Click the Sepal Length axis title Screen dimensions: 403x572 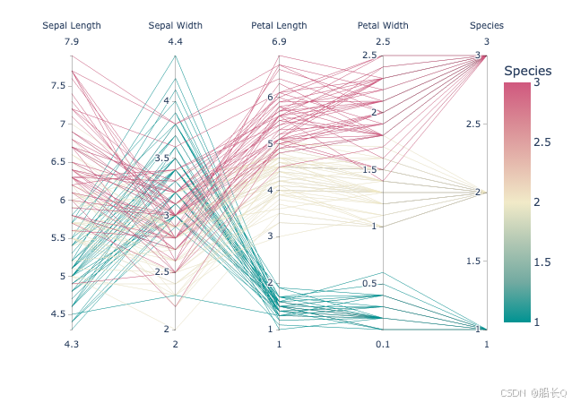tap(71, 26)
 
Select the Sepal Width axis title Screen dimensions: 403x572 tap(175, 26)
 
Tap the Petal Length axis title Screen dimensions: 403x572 tap(279, 26)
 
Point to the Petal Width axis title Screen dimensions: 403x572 tap(383, 26)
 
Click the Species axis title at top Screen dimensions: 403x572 tap(487, 26)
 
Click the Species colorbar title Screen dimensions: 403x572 tap(527, 71)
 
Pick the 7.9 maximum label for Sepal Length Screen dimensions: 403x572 tap(71, 42)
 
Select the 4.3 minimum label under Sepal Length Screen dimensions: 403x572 tap(71, 345)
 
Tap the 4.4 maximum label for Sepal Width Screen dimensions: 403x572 tap(175, 42)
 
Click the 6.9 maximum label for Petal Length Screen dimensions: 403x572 tap(279, 42)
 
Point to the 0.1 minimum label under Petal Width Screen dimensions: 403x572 tap(383, 345)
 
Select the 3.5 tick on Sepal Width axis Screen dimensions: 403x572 tap(161, 159)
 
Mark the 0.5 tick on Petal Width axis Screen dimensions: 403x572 tap(369, 284)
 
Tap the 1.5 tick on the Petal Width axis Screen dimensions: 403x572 tap(369, 169)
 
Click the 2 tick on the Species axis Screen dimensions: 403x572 tap(478, 192)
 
